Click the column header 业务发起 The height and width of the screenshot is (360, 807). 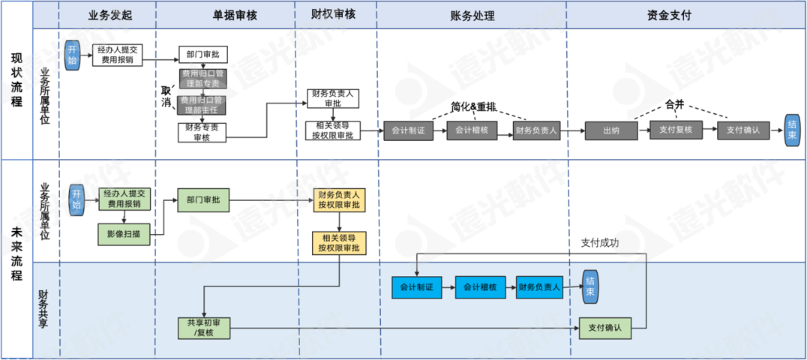(109, 14)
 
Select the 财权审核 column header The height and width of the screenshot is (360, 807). (334, 13)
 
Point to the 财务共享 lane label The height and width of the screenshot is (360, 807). (45, 307)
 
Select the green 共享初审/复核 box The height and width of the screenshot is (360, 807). (203, 328)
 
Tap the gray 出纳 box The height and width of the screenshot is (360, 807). (610, 130)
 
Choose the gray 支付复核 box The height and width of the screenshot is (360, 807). (676, 130)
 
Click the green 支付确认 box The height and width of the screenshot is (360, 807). (604, 328)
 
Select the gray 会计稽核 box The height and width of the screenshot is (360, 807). (472, 130)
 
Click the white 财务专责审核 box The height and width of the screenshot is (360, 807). (202, 132)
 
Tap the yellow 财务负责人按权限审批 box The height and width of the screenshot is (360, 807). (340, 200)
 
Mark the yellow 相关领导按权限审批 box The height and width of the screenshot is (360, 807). (340, 242)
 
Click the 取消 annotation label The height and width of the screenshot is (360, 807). (169, 96)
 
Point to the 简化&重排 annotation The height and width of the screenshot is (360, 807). (474, 106)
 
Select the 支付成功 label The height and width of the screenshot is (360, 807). (600, 243)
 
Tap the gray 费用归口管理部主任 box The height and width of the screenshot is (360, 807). (202, 105)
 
